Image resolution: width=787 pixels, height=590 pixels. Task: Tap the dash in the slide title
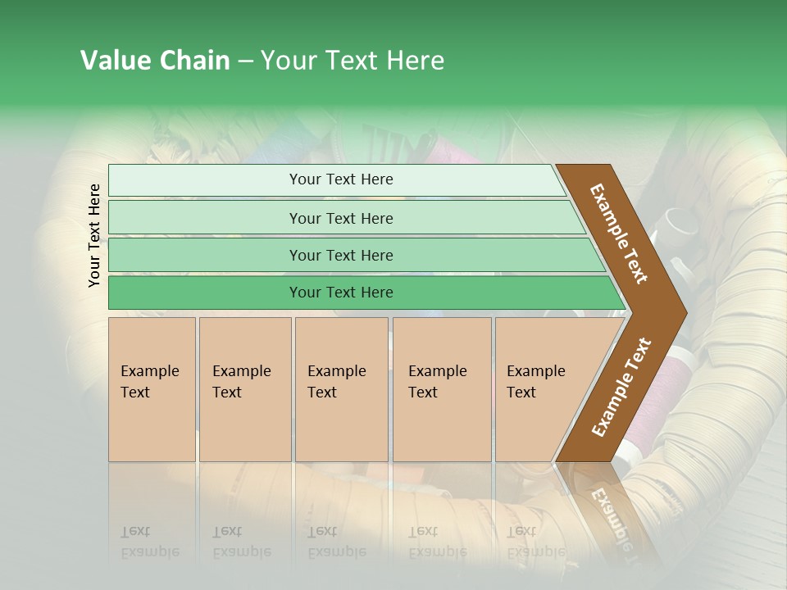(x=245, y=61)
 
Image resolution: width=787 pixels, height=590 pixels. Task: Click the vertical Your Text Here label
(x=94, y=235)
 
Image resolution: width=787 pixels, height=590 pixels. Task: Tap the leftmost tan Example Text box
(x=152, y=389)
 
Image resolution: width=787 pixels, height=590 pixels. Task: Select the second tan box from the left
(x=244, y=389)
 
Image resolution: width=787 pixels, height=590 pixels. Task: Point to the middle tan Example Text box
(x=341, y=389)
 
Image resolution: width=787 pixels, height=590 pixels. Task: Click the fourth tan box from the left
(x=442, y=389)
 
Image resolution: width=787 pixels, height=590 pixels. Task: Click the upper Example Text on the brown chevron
(x=619, y=234)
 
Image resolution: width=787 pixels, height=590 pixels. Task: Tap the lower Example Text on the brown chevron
(x=621, y=387)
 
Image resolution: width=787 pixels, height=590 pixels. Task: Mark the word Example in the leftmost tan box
(x=149, y=371)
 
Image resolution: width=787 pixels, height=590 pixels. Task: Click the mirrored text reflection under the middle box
(x=336, y=542)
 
